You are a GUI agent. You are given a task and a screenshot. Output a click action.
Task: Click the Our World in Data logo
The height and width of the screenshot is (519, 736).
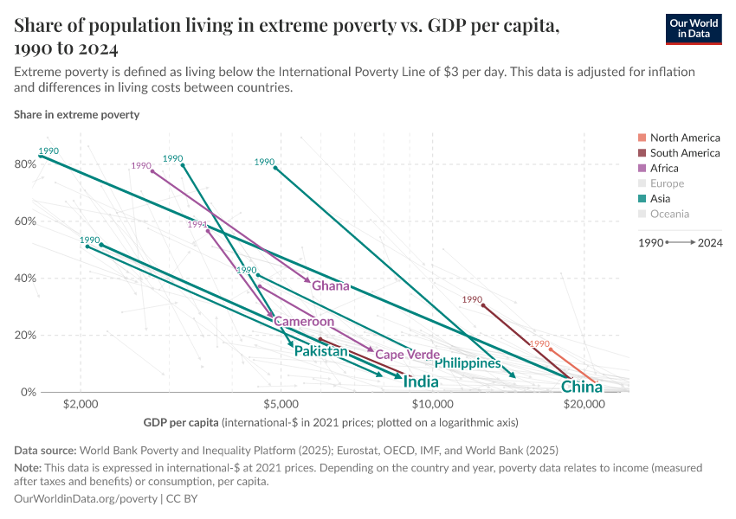694,29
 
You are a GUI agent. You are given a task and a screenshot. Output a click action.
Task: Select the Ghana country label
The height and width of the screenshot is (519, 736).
331,286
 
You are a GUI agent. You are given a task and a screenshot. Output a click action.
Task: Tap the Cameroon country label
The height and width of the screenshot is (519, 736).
304,322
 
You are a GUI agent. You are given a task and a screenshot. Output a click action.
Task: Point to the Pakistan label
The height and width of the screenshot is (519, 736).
320,351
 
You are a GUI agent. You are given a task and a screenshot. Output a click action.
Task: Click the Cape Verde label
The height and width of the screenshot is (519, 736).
408,355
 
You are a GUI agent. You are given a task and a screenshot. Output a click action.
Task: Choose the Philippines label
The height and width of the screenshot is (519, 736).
468,363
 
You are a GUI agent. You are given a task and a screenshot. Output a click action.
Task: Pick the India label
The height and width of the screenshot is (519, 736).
421,381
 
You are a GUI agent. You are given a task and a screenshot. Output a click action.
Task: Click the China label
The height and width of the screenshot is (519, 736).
581,387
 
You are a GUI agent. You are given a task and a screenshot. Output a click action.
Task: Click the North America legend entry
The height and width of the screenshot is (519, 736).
684,138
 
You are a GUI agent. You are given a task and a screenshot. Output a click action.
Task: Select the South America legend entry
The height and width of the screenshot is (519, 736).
684,153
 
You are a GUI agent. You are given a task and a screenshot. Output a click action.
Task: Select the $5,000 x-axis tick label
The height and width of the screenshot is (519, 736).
281,404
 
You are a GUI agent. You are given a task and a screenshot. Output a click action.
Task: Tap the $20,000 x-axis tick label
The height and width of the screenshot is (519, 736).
584,404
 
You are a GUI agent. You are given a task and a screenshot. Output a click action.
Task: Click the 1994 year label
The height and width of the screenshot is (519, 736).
197,225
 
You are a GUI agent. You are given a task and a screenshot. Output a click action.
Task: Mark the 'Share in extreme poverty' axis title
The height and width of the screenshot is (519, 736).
76,114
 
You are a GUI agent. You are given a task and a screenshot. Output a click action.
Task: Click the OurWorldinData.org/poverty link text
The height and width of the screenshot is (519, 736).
86,499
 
